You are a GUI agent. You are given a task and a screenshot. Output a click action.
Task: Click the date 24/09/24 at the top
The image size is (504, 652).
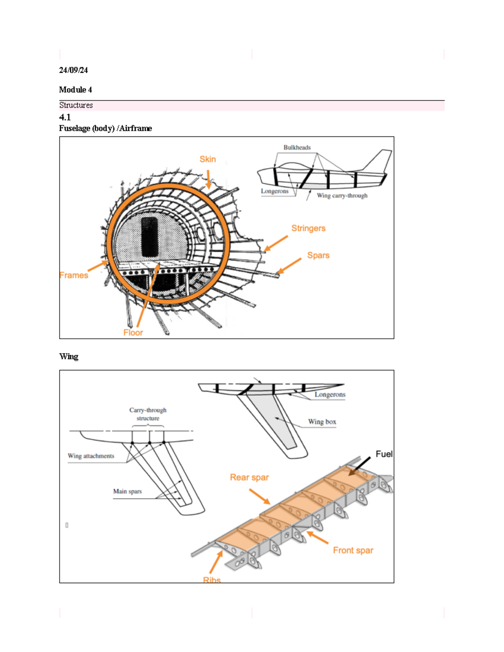tap(73, 70)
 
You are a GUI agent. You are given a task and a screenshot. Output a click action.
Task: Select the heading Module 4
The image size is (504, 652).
tap(75, 89)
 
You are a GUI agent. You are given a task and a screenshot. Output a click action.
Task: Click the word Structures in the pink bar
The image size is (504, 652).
tap(76, 105)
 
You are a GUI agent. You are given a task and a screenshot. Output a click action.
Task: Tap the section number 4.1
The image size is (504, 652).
tap(65, 117)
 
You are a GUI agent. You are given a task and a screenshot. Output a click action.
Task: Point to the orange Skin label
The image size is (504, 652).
tap(207, 159)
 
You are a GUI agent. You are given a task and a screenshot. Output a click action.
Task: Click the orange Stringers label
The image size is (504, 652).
tap(308, 228)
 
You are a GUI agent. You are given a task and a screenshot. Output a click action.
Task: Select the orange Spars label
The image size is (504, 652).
tap(318, 255)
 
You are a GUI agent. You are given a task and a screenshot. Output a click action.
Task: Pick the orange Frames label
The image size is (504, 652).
tap(73, 275)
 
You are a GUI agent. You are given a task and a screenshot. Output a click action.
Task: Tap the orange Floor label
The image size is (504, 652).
tap(133, 333)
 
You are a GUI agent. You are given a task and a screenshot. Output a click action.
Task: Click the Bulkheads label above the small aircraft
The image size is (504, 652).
tap(297, 147)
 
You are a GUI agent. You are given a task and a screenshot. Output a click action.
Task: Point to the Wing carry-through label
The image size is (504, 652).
tap(342, 196)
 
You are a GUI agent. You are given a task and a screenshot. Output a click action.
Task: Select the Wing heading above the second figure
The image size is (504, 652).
tap(68, 356)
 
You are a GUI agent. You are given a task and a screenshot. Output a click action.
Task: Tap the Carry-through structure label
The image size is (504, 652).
tap(148, 414)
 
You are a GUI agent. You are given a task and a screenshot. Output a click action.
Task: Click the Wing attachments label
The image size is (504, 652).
tap(91, 456)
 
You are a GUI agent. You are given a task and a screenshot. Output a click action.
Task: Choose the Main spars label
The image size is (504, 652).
tap(127, 491)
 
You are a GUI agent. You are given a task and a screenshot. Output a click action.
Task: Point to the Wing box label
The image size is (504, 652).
tap(322, 422)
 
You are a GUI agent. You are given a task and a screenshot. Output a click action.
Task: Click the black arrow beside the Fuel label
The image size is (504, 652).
tap(360, 466)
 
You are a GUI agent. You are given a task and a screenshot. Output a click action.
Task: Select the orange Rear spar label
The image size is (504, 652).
tap(249, 477)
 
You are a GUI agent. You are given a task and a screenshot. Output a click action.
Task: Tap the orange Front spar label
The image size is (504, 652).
tap(353, 550)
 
